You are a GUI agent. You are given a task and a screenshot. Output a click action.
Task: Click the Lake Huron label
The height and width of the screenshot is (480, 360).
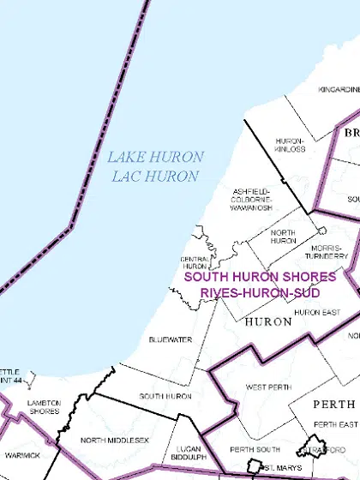pos(155,158)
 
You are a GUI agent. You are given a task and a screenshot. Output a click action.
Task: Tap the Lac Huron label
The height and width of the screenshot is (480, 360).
pos(155,177)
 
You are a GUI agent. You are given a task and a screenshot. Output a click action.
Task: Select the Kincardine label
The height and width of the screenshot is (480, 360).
pos(339,113)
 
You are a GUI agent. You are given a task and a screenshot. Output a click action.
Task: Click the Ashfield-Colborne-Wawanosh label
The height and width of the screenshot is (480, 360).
pos(251,199)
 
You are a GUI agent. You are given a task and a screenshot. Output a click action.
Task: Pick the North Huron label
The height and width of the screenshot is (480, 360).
pos(282,237)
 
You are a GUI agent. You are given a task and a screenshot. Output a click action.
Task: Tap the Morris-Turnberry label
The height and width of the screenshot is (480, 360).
pos(329,251)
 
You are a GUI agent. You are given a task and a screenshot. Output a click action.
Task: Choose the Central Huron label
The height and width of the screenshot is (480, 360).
pos(194,262)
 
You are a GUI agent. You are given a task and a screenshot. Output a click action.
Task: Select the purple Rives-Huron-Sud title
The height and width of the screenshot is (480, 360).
pos(260,292)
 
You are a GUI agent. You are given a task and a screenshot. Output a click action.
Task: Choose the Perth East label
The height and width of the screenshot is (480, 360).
pos(335,425)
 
